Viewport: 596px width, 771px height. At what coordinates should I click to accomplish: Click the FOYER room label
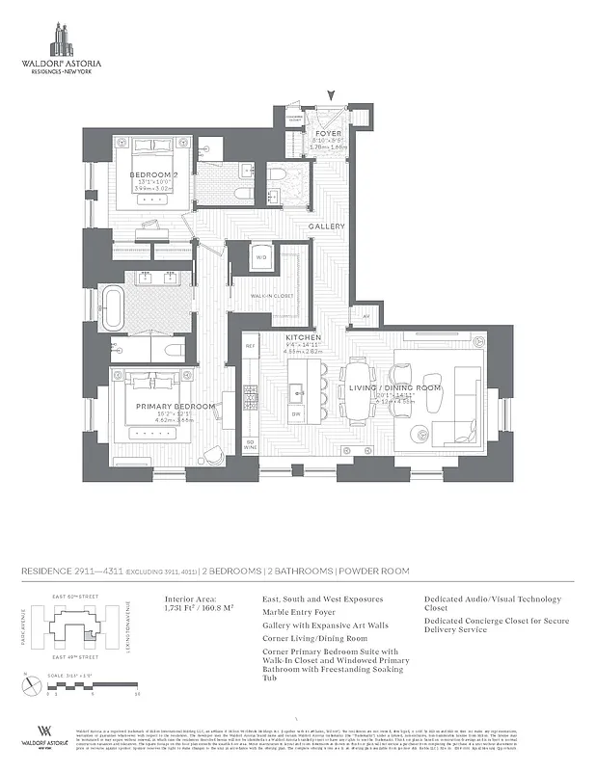(329, 133)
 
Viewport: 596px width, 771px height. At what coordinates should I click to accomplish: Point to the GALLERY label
(327, 226)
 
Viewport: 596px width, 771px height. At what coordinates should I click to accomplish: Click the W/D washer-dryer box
(261, 257)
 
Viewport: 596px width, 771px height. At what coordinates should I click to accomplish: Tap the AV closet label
(366, 315)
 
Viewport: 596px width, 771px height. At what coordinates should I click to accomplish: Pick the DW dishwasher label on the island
(297, 413)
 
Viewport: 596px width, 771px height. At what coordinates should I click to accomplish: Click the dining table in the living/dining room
(359, 390)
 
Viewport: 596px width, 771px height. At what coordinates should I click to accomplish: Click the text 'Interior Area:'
(186, 598)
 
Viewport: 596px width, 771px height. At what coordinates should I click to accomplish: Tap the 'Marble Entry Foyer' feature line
(299, 611)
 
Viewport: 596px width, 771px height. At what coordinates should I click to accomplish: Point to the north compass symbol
(27, 685)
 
